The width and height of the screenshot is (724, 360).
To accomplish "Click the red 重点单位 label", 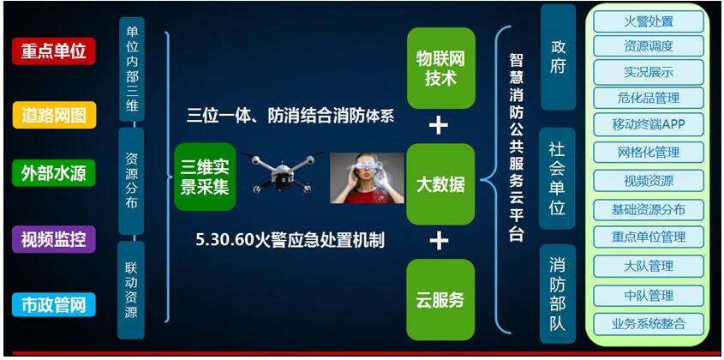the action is (x=54, y=51).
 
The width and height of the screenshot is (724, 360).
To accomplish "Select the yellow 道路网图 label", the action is (x=54, y=114).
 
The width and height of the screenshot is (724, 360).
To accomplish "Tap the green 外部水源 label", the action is (x=54, y=173).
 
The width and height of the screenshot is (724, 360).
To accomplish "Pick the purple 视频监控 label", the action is (x=54, y=239).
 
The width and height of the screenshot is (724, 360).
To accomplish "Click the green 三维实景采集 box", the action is (x=205, y=177).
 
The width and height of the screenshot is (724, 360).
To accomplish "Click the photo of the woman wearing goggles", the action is (x=367, y=178).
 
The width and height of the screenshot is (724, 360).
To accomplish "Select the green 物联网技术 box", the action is (x=441, y=69).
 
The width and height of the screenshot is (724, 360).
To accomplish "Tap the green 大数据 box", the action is (x=441, y=184).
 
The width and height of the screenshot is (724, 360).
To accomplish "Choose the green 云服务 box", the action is (x=441, y=299).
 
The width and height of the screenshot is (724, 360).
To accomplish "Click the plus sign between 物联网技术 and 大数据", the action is (x=438, y=126).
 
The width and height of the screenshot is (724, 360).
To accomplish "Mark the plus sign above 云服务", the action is (x=438, y=241).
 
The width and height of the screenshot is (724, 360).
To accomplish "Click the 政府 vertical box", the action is (x=559, y=57).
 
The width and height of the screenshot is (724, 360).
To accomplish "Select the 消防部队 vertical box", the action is (x=557, y=294).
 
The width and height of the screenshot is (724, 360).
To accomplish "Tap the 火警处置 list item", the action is (x=649, y=21).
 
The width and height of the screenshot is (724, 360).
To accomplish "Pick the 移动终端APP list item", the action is (x=649, y=124).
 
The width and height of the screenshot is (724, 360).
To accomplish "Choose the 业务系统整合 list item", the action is (x=649, y=323).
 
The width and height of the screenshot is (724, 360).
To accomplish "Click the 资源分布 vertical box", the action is (x=132, y=181).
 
